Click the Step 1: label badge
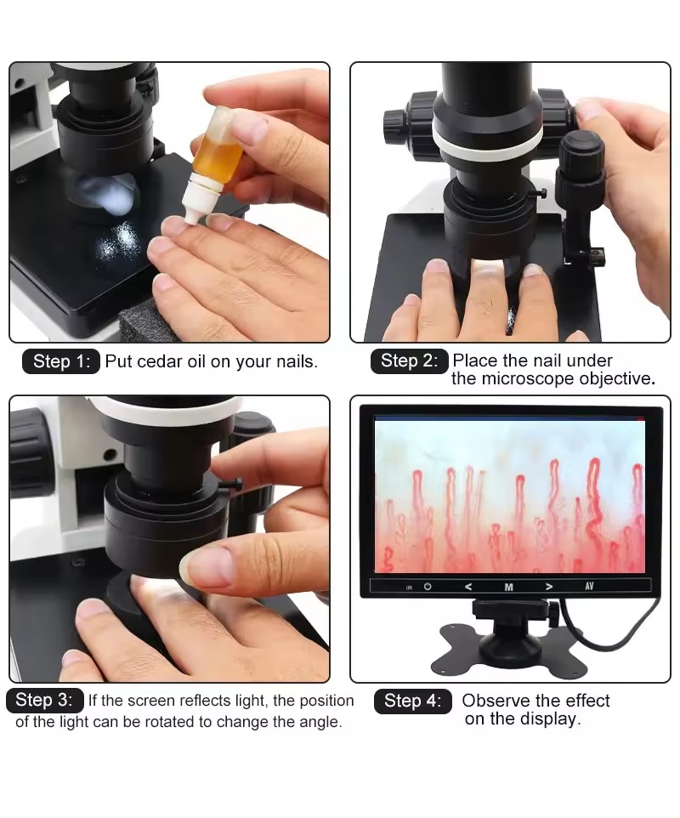61,361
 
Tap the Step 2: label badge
410,361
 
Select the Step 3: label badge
45,700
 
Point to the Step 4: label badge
412,702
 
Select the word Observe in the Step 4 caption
496,700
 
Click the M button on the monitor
508,587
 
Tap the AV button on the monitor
589,587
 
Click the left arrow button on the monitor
468,587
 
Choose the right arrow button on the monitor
548,587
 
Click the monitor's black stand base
508,647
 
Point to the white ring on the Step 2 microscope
485,139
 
